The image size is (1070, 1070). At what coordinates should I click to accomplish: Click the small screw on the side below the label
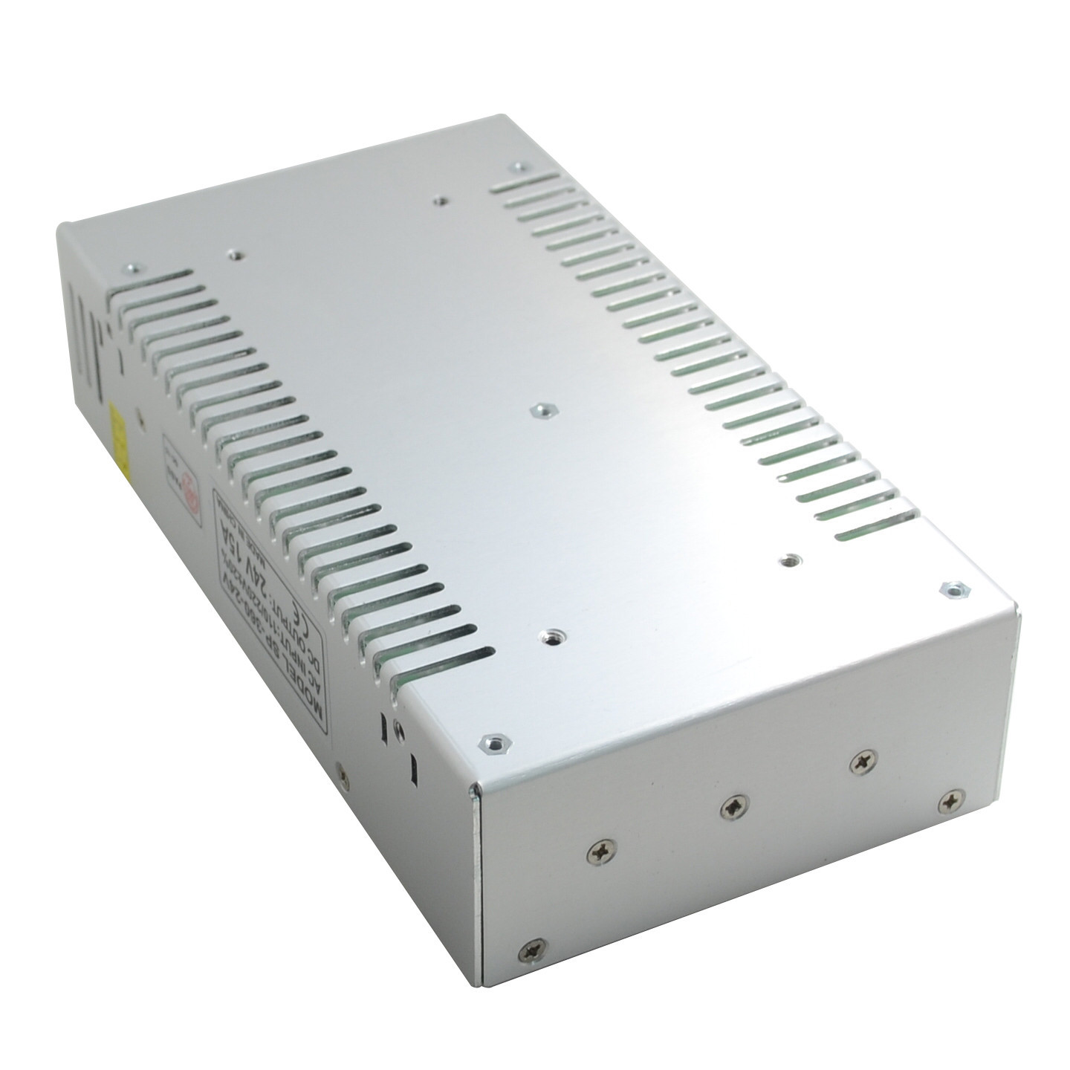(343, 777)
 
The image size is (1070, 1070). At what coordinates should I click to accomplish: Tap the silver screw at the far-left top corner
(134, 269)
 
